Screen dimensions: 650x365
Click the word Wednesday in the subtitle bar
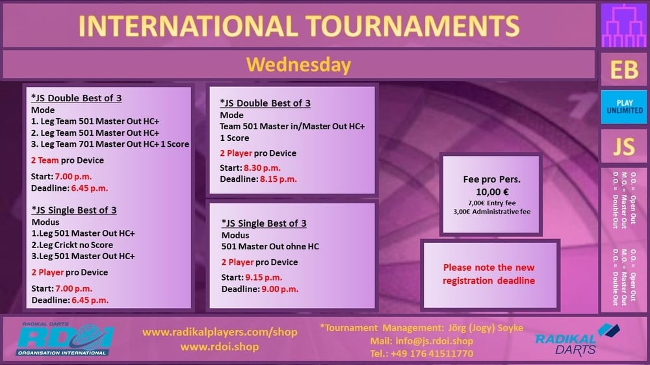point(298,65)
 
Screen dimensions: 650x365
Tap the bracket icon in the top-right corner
point(624,26)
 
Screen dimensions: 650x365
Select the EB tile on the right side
point(624,69)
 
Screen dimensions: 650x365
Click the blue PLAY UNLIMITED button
point(624,107)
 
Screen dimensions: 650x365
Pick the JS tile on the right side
point(624,146)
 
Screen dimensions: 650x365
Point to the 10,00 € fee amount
point(492,192)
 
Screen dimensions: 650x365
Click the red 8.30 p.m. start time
point(262,168)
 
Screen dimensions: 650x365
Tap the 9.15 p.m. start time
point(263,277)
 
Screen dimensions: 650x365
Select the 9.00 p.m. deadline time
point(279,289)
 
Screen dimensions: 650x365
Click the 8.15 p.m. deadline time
point(278,179)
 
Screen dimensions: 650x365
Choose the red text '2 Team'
point(45,160)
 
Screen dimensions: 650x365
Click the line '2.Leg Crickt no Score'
point(72,245)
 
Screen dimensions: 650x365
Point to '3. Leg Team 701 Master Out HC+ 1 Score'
point(110,144)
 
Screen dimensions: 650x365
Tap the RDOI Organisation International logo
point(64,339)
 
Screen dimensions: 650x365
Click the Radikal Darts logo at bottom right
point(577,340)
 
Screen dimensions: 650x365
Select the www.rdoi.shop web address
point(220,347)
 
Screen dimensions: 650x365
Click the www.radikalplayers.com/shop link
point(220,332)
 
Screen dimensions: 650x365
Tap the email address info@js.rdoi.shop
point(434,341)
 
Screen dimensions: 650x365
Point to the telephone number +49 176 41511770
point(432,354)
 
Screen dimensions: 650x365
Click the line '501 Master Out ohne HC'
point(270,247)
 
